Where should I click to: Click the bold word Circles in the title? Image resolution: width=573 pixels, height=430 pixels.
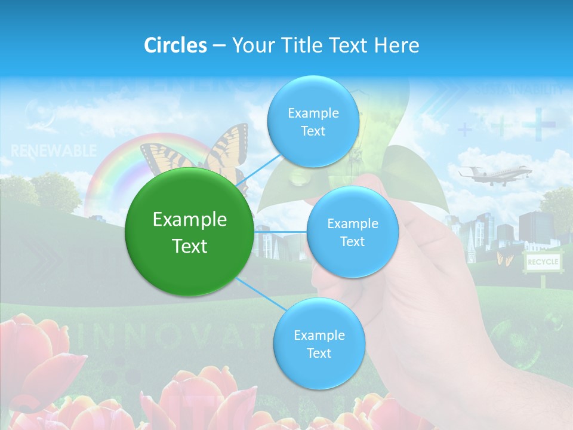(175, 45)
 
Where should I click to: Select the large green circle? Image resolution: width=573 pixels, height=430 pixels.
(190, 232)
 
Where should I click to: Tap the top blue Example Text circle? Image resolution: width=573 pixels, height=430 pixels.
(313, 121)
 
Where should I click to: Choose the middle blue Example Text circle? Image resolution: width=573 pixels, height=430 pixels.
(352, 232)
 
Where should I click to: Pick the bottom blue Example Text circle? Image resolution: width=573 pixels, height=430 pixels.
(319, 343)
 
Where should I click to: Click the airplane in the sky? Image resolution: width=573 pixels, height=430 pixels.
(494, 174)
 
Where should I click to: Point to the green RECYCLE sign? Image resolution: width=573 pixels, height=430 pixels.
(543, 262)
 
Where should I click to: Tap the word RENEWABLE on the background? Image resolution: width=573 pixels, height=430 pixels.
(53, 150)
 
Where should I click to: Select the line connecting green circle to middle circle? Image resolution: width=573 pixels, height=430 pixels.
(280, 232)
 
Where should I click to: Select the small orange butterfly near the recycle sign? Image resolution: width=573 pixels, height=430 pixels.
(504, 259)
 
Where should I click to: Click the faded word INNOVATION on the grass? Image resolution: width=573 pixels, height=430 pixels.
(173, 337)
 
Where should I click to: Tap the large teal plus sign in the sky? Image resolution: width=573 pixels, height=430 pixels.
(538, 124)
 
